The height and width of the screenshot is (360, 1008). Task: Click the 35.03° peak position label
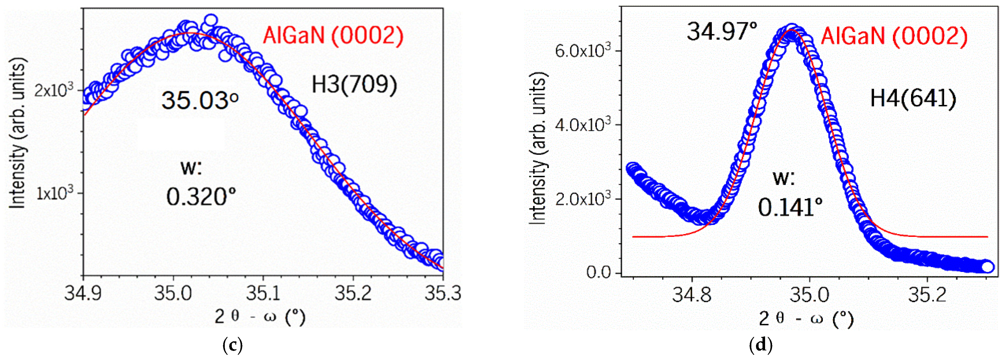click(x=200, y=100)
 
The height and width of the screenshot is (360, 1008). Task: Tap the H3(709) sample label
click(x=354, y=84)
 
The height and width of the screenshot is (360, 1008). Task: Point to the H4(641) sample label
click(x=913, y=98)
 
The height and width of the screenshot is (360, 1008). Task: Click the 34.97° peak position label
click(x=722, y=32)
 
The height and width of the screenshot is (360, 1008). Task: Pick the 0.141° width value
click(x=790, y=207)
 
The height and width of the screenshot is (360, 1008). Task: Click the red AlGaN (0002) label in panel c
click(x=333, y=36)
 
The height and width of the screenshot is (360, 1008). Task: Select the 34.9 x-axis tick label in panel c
click(x=83, y=293)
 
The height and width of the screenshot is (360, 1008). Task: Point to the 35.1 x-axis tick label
click(x=263, y=293)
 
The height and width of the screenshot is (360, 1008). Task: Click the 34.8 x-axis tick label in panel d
click(x=692, y=295)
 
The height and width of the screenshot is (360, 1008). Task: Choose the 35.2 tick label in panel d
click(x=927, y=295)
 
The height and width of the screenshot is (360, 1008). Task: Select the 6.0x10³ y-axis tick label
click(x=582, y=51)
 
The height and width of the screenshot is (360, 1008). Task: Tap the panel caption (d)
click(x=760, y=345)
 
